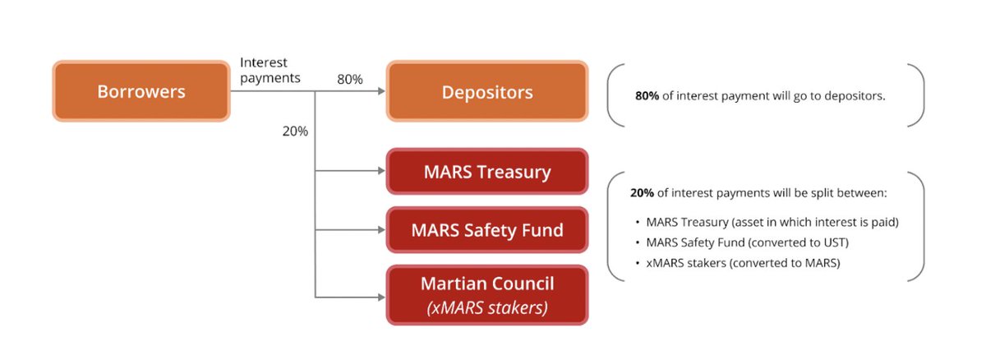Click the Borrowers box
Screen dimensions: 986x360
click(x=141, y=91)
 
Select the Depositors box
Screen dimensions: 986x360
click(x=487, y=91)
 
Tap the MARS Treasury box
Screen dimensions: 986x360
click(x=487, y=172)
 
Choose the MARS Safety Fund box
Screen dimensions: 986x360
click(x=487, y=229)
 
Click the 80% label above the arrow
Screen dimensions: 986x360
click(x=350, y=79)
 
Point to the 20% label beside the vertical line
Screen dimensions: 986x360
click(x=295, y=132)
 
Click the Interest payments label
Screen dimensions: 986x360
click(x=270, y=71)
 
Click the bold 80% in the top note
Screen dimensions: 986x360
click(x=647, y=96)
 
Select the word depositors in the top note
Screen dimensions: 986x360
click(x=856, y=96)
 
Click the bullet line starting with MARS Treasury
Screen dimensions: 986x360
click(x=768, y=222)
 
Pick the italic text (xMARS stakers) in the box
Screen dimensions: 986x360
click(x=487, y=308)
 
